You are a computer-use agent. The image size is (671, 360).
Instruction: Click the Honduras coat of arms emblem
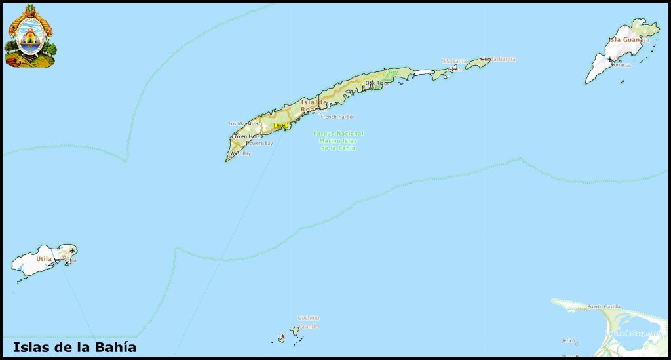[30, 36]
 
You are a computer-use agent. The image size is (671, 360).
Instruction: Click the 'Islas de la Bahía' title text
[74, 348]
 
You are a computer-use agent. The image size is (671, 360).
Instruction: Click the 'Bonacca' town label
[620, 65]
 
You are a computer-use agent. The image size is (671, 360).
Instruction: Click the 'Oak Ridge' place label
[377, 83]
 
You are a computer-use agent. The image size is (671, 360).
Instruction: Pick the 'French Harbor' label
[337, 117]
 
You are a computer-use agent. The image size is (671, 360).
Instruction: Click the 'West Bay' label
[242, 153]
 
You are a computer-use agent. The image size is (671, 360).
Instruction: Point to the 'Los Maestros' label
[245, 123]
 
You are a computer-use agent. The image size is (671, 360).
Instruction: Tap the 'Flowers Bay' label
[259, 143]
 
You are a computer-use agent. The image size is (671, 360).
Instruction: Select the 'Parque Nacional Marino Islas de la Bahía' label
[338, 140]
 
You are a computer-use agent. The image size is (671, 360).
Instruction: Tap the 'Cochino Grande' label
[309, 321]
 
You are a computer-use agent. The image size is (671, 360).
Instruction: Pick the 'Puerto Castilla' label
[604, 306]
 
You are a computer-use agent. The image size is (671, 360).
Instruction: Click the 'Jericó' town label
[568, 340]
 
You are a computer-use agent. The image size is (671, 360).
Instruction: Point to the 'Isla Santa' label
[454, 61]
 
